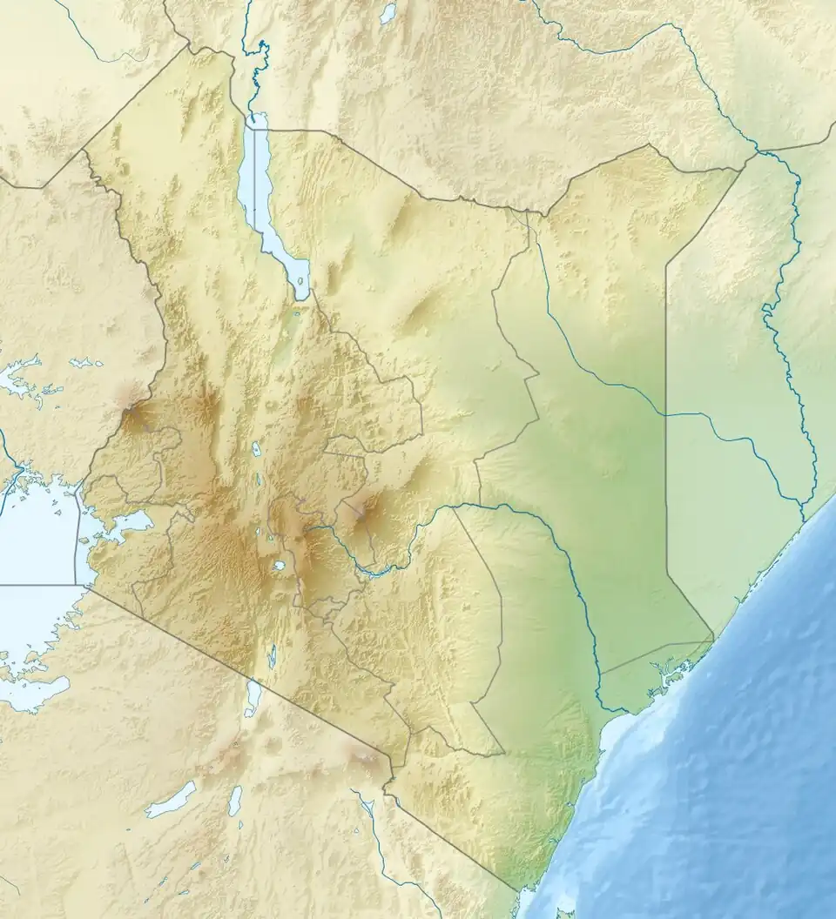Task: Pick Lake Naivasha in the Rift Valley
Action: (x=280, y=566)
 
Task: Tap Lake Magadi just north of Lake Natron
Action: (x=272, y=657)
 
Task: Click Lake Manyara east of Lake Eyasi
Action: (x=235, y=799)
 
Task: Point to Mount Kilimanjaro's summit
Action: (x=364, y=759)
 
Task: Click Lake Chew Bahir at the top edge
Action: (x=388, y=12)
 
